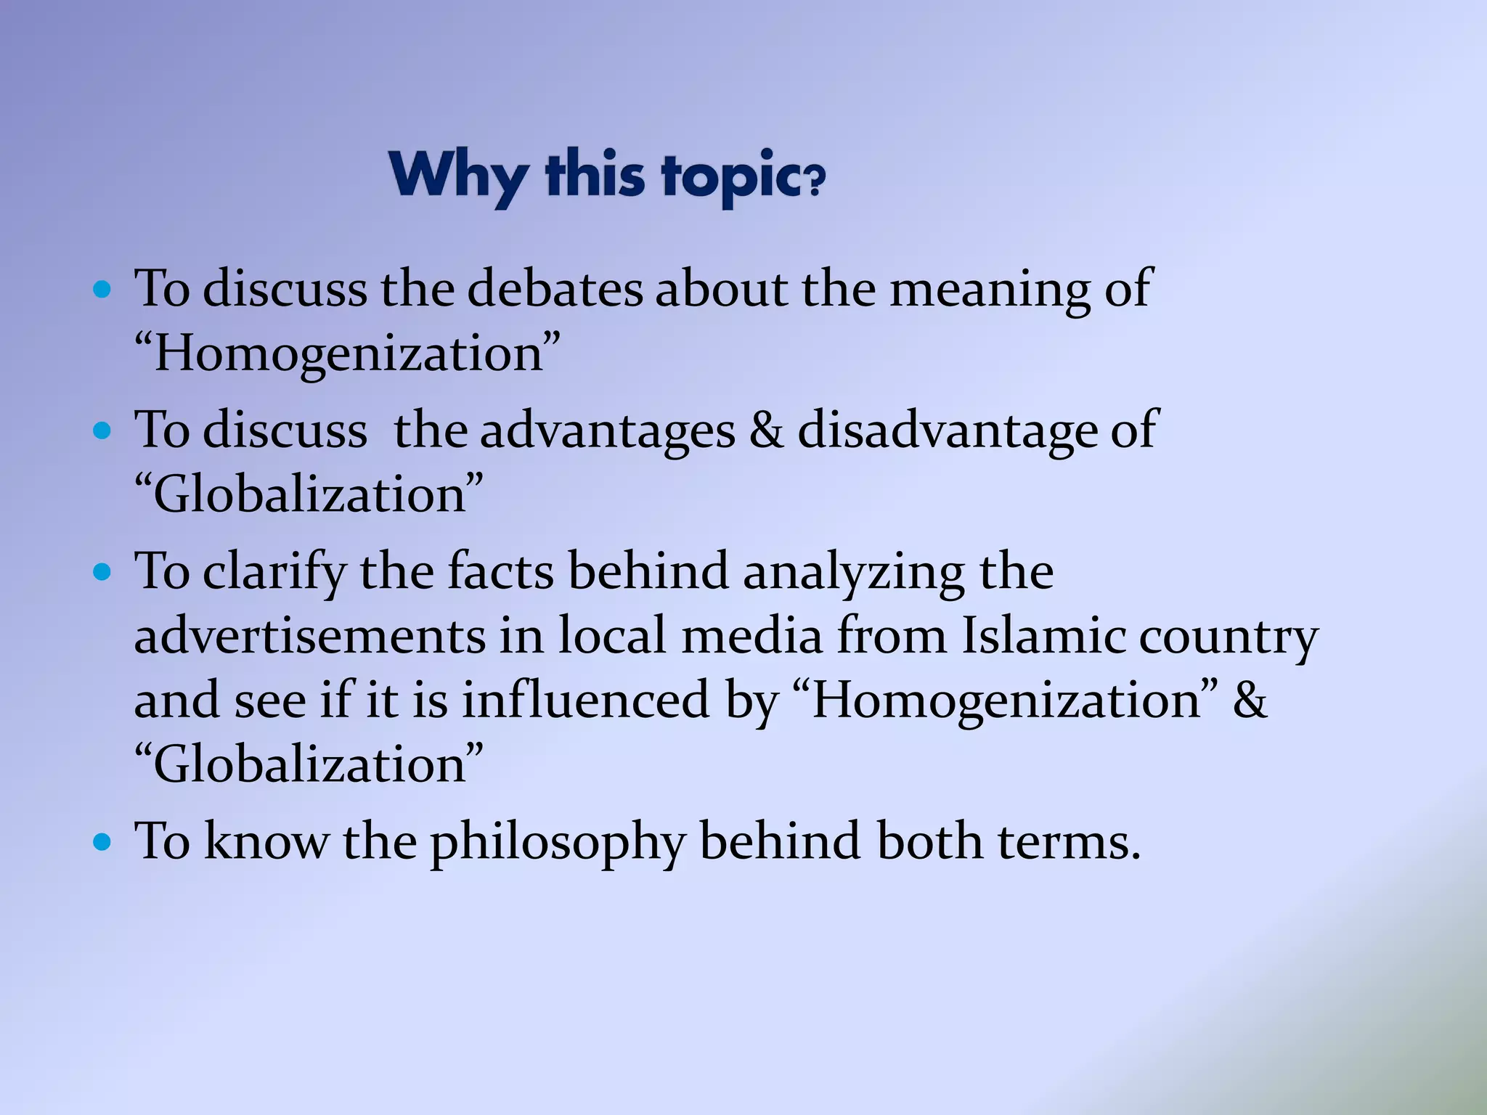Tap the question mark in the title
815,181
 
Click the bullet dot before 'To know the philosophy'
102,843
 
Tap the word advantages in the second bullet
608,430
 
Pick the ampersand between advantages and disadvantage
766,429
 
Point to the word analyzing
854,572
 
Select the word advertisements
310,636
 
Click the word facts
500,571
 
